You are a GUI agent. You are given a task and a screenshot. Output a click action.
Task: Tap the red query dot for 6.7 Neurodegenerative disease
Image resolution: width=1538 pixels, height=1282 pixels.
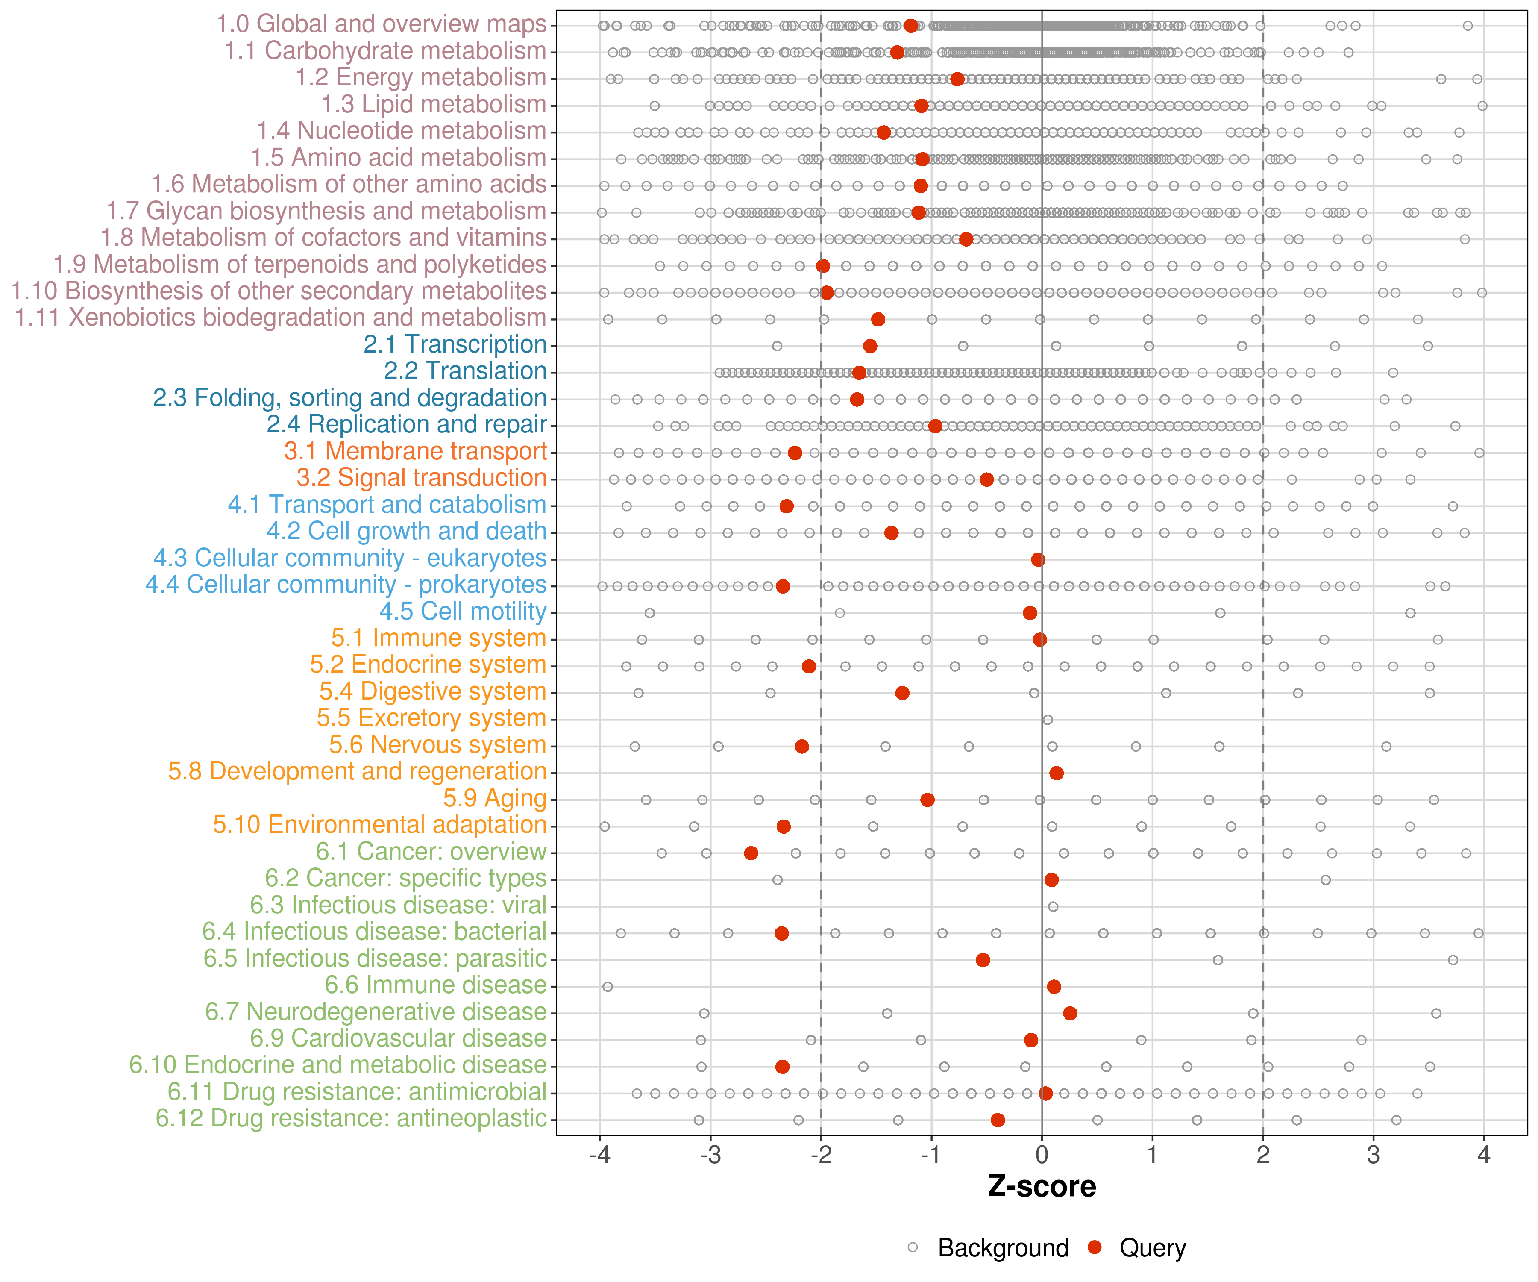click(x=1070, y=1013)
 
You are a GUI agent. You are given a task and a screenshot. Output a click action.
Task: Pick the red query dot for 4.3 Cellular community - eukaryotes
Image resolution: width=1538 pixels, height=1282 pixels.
click(x=1038, y=560)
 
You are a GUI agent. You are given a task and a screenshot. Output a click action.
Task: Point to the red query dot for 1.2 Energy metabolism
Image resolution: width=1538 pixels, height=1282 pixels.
click(x=957, y=79)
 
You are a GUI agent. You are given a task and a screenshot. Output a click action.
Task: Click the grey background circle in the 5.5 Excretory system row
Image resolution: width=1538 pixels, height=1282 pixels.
click(x=1047, y=719)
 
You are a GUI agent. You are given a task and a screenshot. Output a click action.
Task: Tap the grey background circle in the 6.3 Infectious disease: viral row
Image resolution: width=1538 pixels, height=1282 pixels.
click(x=1052, y=906)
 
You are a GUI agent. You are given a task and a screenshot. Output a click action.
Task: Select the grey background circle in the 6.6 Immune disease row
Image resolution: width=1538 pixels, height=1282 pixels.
click(x=607, y=987)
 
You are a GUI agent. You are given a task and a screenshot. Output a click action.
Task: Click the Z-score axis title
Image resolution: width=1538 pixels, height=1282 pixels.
click(x=1042, y=1186)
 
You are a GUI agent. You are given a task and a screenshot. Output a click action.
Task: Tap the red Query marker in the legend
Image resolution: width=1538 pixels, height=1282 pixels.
click(x=1095, y=1247)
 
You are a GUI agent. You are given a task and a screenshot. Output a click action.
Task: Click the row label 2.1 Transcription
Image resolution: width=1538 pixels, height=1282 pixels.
click(x=455, y=344)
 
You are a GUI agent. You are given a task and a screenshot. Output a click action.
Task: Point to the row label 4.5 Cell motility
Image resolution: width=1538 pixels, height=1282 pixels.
click(x=463, y=611)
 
